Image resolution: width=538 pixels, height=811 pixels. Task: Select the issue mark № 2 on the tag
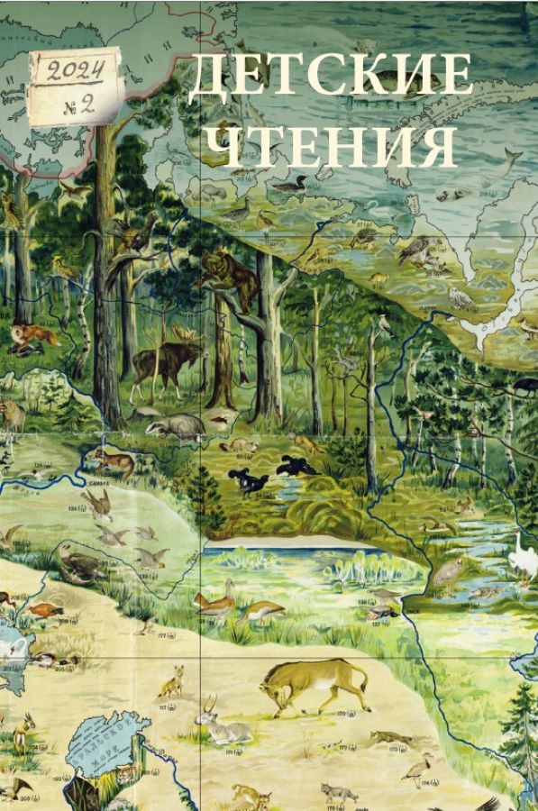click(x=78, y=104)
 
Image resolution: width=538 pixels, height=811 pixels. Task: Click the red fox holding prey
click(x=32, y=338)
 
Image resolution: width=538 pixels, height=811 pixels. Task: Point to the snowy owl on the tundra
click(x=460, y=296)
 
